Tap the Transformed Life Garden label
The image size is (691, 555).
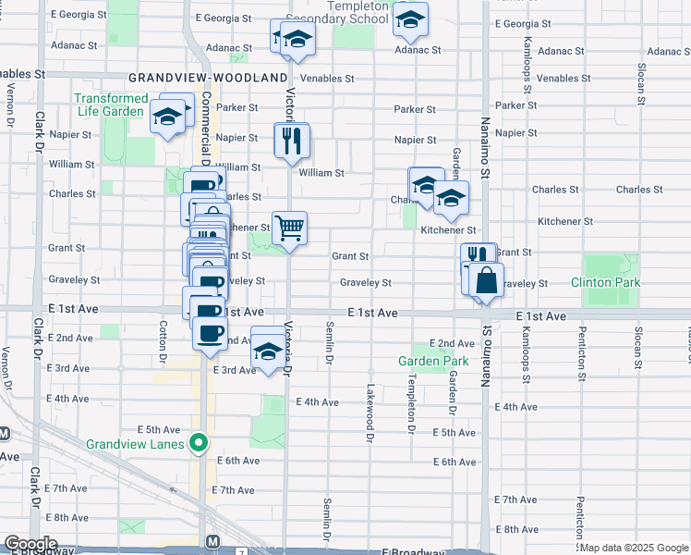111,105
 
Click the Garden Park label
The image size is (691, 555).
433,361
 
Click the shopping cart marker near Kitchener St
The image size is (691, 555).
290,227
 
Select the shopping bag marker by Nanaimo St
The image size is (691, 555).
486,279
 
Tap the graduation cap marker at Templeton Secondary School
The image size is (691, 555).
410,18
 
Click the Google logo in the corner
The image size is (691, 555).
30,544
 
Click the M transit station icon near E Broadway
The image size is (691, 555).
213,540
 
